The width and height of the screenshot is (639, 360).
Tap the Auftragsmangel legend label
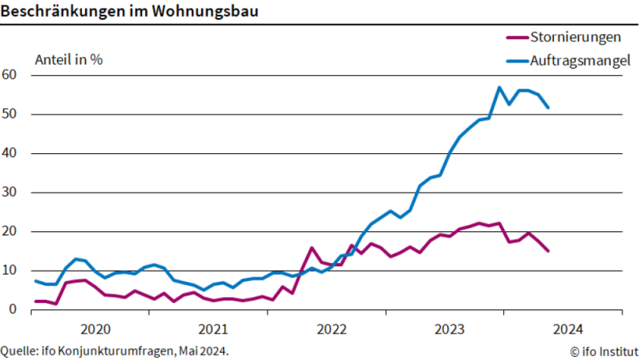pos(580,59)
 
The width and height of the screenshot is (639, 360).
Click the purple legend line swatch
pos(515,37)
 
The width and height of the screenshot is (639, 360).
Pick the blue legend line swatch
pos(515,59)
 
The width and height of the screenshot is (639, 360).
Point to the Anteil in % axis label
pos(69,59)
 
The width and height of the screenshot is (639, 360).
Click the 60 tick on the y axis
pos(11,75)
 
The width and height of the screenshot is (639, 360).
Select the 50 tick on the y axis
pos(11,114)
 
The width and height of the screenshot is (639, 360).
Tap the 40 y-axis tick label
pos(11,153)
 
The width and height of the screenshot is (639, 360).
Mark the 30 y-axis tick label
pos(11,193)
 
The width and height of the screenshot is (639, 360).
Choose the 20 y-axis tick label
pos(11,231)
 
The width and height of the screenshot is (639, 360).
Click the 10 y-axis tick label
pos(11,271)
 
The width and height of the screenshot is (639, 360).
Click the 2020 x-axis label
pos(94,328)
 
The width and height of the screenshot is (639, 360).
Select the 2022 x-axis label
pos(331,328)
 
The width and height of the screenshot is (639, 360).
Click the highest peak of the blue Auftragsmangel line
pos(499,87)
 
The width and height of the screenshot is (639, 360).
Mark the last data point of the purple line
pos(548,251)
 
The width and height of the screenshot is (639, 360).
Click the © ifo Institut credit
pos(603,351)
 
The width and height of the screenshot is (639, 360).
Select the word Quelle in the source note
pos(19,351)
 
